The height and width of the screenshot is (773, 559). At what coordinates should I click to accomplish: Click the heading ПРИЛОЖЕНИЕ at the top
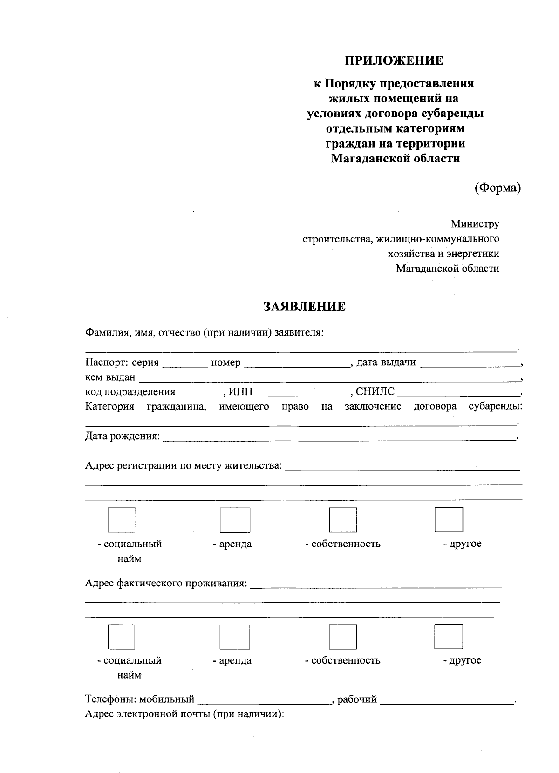pos(394,60)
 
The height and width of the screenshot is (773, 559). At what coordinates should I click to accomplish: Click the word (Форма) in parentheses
pos(497,188)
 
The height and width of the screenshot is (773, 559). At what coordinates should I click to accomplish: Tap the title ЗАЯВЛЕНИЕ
pos(305,306)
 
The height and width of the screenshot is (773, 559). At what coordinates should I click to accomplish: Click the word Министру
pos(475,224)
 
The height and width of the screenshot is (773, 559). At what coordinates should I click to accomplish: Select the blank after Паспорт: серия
pos(185,363)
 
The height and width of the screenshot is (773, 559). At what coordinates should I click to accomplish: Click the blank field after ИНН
pos(303,393)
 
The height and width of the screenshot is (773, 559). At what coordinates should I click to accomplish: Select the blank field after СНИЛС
pos(459,393)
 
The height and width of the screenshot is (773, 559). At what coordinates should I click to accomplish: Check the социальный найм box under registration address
pos(122,519)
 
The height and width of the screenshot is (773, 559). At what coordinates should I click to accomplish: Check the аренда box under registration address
pos(235,520)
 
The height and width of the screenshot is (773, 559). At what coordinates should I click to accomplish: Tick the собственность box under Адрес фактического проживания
pos(343,636)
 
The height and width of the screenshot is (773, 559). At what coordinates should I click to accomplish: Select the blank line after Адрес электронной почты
pos(399,714)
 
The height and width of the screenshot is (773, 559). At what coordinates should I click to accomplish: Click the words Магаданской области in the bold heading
pos(395,159)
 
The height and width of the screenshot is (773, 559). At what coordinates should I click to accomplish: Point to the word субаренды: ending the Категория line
pos(495,407)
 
